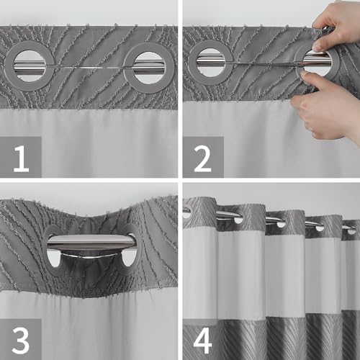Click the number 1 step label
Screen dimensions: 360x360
[x=21, y=158]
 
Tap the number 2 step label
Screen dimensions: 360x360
[x=203, y=158]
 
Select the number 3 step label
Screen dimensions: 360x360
[x=21, y=340]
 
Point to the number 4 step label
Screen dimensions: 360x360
[x=203, y=340]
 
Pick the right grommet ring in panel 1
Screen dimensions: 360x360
[x=129, y=66]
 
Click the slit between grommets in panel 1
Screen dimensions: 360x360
[x=89, y=67]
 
